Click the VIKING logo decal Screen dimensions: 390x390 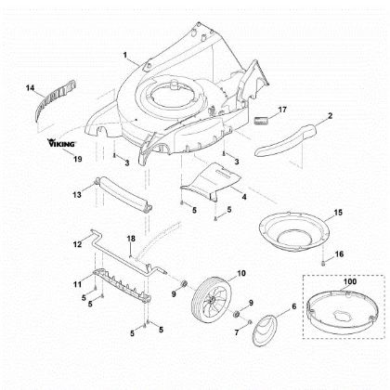click(61, 143)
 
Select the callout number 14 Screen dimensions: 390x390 click(30, 88)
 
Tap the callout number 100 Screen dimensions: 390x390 click(350, 281)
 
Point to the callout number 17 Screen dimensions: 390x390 click(282, 110)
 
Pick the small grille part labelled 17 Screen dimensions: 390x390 click(260, 121)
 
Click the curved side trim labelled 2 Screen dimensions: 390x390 click(287, 139)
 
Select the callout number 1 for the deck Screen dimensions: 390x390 click(125, 55)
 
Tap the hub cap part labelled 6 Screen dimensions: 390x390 click(265, 331)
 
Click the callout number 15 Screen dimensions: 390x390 click(338, 213)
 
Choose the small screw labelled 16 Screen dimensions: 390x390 click(323, 264)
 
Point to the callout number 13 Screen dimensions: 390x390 click(77, 195)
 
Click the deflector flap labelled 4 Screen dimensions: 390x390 click(211, 181)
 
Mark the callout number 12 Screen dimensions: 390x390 click(77, 244)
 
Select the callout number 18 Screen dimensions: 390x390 click(131, 239)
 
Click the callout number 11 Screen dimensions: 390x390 click(77, 283)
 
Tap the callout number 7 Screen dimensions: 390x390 click(237, 332)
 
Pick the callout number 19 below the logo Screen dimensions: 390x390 click(77, 159)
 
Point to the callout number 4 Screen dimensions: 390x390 click(244, 196)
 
